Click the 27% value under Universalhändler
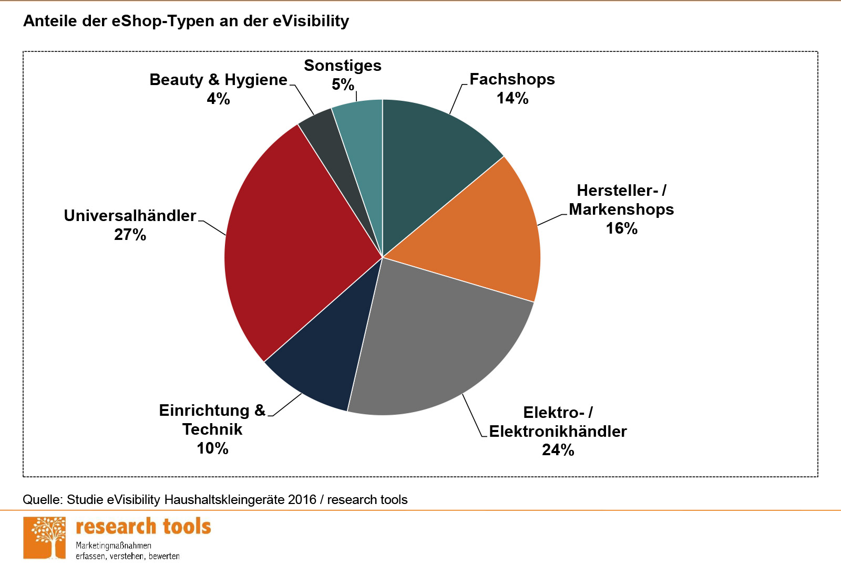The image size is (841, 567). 130,235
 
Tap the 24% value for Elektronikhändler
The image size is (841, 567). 558,450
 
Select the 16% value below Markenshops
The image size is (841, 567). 621,228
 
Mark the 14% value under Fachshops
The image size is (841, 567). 512,98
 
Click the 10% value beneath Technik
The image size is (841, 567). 212,448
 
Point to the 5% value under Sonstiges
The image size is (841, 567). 343,85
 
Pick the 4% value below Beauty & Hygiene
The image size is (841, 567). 218,99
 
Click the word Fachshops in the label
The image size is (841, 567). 512,79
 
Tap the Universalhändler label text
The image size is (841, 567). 130,216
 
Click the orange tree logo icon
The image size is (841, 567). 45,538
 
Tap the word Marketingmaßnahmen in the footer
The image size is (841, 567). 114,545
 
